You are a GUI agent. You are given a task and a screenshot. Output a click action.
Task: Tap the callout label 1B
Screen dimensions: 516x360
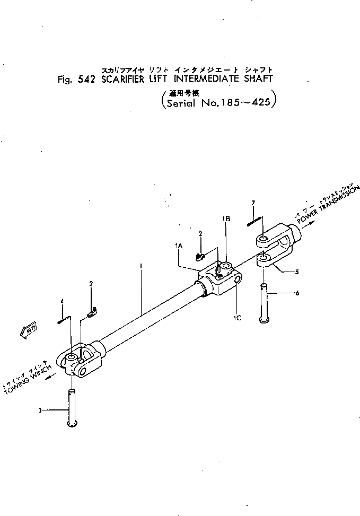click(x=226, y=218)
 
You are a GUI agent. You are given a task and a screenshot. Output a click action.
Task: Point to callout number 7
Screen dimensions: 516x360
click(x=253, y=203)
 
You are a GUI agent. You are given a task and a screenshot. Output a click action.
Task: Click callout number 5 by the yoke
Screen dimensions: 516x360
click(x=296, y=272)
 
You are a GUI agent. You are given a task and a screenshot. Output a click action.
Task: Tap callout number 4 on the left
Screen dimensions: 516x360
click(x=62, y=301)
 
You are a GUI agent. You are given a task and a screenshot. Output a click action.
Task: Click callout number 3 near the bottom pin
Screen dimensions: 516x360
click(x=40, y=409)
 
